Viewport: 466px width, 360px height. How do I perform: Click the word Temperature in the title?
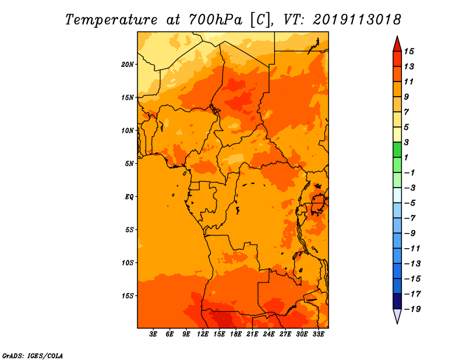pyautogui.click(x=111, y=20)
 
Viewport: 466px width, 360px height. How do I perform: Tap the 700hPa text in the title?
pyautogui.click(x=215, y=20)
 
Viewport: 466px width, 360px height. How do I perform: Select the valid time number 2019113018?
pyautogui.click(x=357, y=20)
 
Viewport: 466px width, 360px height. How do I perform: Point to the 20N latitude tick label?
pyautogui.click(x=128, y=65)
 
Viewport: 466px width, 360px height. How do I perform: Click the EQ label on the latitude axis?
pyautogui.click(x=129, y=197)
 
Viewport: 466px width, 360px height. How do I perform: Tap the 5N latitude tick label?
pyautogui.click(x=129, y=164)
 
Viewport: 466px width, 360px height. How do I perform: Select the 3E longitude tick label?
pyautogui.click(x=153, y=334)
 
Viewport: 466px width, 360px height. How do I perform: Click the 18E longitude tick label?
pyautogui.click(x=236, y=334)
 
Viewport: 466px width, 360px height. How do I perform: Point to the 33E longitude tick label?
pyautogui.click(x=318, y=334)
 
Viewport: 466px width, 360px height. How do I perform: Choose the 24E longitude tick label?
pyautogui.click(x=269, y=334)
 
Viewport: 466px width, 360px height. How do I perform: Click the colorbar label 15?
pyautogui.click(x=409, y=51)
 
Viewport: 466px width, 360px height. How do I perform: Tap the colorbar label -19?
pyautogui.click(x=412, y=309)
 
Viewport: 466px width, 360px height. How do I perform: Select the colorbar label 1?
pyautogui.click(x=406, y=157)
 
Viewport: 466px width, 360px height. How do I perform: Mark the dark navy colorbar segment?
pyautogui.click(x=397, y=301)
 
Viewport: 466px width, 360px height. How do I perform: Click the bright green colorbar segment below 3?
pyautogui.click(x=397, y=150)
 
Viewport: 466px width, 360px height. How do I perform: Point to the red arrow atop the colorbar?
pyautogui.click(x=397, y=44)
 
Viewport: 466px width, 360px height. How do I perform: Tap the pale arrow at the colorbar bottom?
pyautogui.click(x=397, y=316)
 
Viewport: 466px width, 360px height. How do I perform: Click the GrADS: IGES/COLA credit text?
pyautogui.click(x=33, y=356)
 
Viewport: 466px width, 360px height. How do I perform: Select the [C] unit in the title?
pyautogui.click(x=260, y=20)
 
